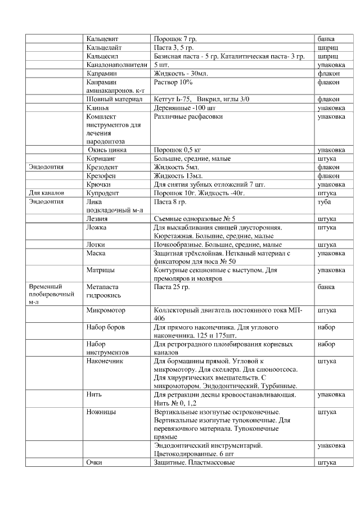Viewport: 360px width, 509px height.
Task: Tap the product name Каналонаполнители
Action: [x=115, y=65]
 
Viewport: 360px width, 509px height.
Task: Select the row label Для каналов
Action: [x=46, y=192]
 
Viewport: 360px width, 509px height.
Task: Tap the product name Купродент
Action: [x=102, y=192]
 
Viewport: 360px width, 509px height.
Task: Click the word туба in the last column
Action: [x=325, y=201]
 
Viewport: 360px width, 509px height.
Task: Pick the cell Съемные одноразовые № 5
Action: [x=195, y=218]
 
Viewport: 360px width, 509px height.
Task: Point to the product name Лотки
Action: [x=96, y=245]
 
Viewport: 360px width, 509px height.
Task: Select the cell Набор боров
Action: [x=106, y=327]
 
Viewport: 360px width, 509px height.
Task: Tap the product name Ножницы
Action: [x=102, y=412]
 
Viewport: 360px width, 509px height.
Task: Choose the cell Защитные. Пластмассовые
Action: [x=194, y=462]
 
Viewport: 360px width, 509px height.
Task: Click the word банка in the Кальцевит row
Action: [x=326, y=39]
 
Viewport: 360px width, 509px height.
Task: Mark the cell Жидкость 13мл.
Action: [x=177, y=175]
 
